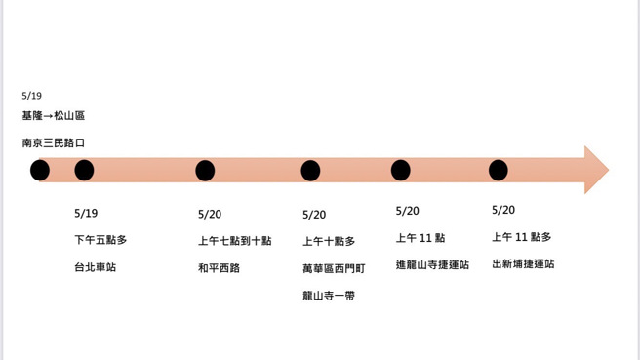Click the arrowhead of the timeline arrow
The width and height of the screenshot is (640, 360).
(595, 170)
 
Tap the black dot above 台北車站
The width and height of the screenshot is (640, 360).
(84, 171)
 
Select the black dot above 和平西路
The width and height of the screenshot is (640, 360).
(205, 171)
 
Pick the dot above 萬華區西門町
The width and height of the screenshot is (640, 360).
(310, 171)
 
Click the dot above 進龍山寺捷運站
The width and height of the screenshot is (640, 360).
(400, 171)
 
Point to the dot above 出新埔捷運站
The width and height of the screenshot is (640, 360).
(498, 171)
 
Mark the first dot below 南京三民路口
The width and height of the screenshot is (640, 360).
(39, 172)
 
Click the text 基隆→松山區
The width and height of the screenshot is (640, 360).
(54, 116)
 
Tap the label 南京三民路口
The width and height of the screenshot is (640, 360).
(54, 142)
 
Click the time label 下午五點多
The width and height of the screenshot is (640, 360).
(100, 239)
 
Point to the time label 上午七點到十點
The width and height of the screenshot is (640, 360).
(234, 240)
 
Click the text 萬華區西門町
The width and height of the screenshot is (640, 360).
(334, 267)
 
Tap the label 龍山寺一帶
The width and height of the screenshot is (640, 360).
(329, 295)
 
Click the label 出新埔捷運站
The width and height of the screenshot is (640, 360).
(523, 263)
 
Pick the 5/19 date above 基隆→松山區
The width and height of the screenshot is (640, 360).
(32, 96)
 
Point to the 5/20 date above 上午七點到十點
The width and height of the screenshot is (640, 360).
(210, 214)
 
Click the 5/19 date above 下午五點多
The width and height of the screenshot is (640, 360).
(86, 213)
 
